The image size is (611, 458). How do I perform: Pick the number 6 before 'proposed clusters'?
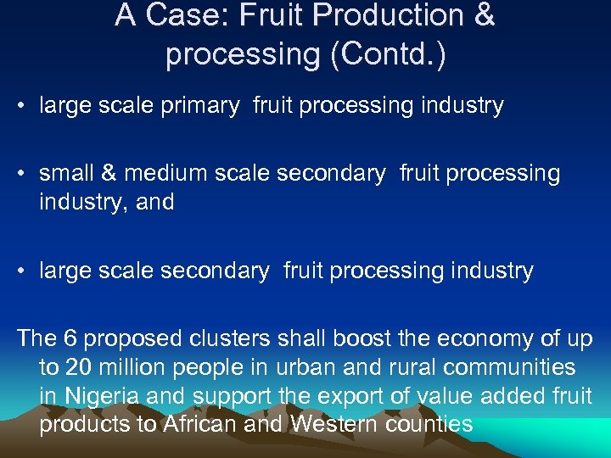pyautogui.click(x=71, y=339)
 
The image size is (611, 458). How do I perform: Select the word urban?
pyautogui.click(x=300, y=367)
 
